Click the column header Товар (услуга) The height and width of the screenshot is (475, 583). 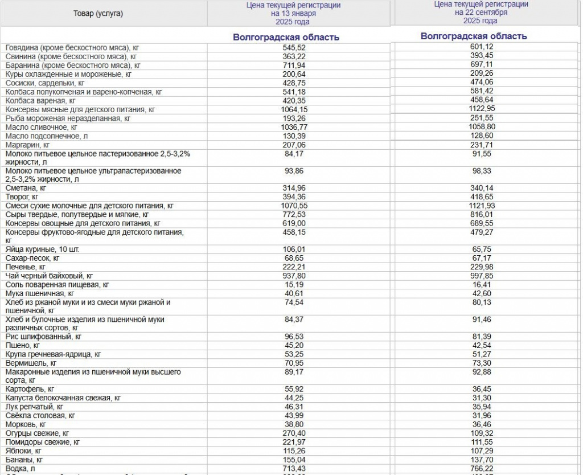click(98, 14)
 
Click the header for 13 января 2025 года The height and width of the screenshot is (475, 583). click(293, 14)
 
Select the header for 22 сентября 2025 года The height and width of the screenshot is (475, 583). click(474, 13)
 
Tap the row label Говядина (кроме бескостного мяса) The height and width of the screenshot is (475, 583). click(72, 48)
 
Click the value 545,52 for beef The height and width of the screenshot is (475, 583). click(294, 48)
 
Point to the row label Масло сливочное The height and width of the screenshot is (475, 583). click(41, 128)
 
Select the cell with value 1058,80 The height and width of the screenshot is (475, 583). click(474, 128)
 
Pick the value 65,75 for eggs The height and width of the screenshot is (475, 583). click(474, 249)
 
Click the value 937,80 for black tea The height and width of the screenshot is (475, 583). click(294, 276)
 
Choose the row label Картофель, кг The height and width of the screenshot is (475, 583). click(30, 389)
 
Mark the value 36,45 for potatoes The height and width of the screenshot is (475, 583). click(474, 389)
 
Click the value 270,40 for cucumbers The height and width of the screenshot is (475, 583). click(294, 433)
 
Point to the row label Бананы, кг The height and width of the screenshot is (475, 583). click(24, 460)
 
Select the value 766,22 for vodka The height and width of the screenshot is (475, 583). click(474, 468)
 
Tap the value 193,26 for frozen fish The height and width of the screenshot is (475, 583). click(294, 118)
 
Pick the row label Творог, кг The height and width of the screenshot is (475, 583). click(25, 196)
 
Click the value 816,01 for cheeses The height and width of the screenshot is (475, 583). click(474, 214)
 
